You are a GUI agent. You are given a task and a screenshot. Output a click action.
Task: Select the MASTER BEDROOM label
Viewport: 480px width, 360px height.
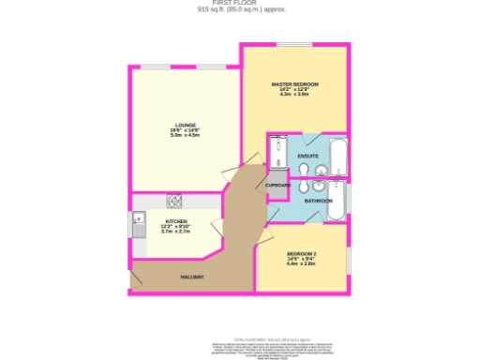tap(294, 84)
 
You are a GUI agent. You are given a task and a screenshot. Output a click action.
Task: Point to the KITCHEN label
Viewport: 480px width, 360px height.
tap(176, 221)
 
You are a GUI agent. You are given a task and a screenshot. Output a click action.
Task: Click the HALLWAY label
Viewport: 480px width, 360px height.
tap(192, 277)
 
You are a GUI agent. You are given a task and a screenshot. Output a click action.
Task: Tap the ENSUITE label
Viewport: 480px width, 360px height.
tap(307, 155)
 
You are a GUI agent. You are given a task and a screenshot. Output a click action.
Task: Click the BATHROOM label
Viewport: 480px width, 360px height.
tap(318, 201)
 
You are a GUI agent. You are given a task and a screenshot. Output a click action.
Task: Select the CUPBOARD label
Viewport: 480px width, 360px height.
tap(277, 186)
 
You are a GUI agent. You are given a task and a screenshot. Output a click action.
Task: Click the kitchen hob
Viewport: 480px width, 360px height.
tap(174, 201)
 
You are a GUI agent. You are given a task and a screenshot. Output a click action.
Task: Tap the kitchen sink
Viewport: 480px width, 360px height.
tap(138, 226)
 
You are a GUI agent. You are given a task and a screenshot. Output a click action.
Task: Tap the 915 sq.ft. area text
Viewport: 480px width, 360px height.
tap(241, 10)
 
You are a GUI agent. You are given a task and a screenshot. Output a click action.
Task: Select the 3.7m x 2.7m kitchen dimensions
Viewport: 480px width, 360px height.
tap(176, 232)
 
